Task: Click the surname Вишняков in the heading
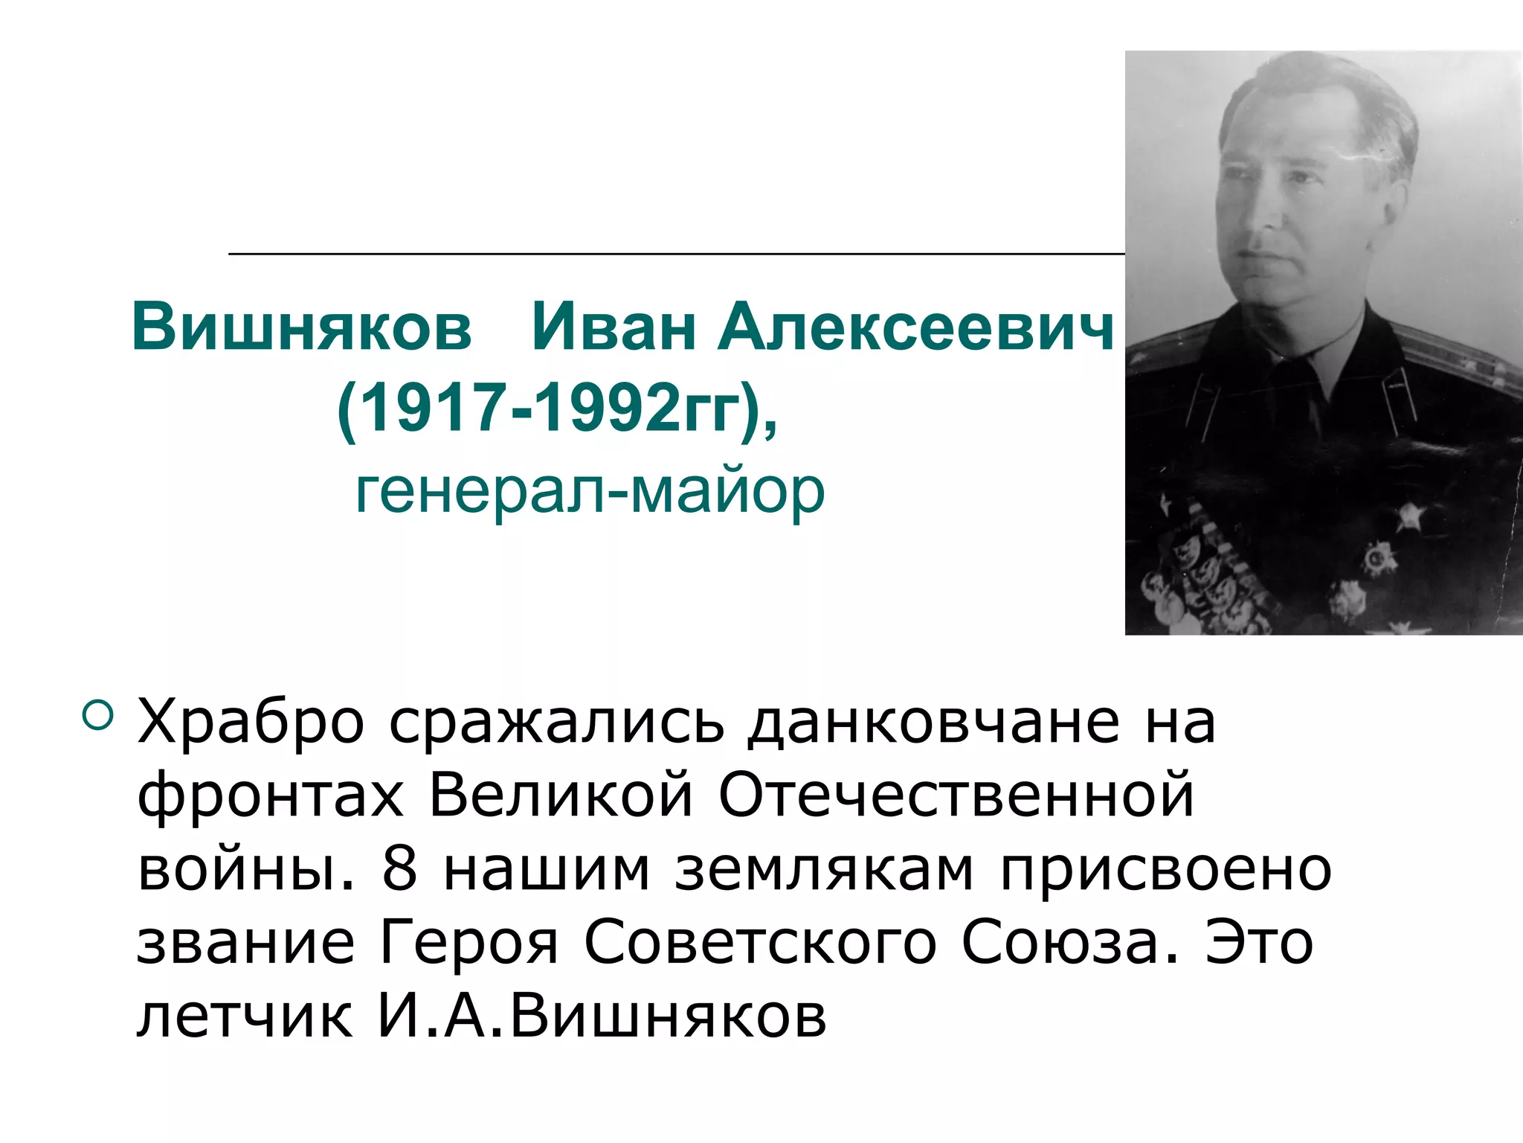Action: point(301,327)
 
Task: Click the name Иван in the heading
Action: point(613,327)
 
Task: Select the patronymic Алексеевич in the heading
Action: point(915,327)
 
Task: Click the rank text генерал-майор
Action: point(590,491)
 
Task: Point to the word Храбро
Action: point(251,722)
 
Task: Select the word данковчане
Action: point(933,722)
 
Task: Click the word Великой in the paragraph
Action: point(561,795)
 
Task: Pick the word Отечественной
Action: point(956,795)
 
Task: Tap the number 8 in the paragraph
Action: point(399,868)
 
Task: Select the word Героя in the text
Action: point(469,942)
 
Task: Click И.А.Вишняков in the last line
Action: point(601,1016)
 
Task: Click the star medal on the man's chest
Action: point(1408,516)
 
